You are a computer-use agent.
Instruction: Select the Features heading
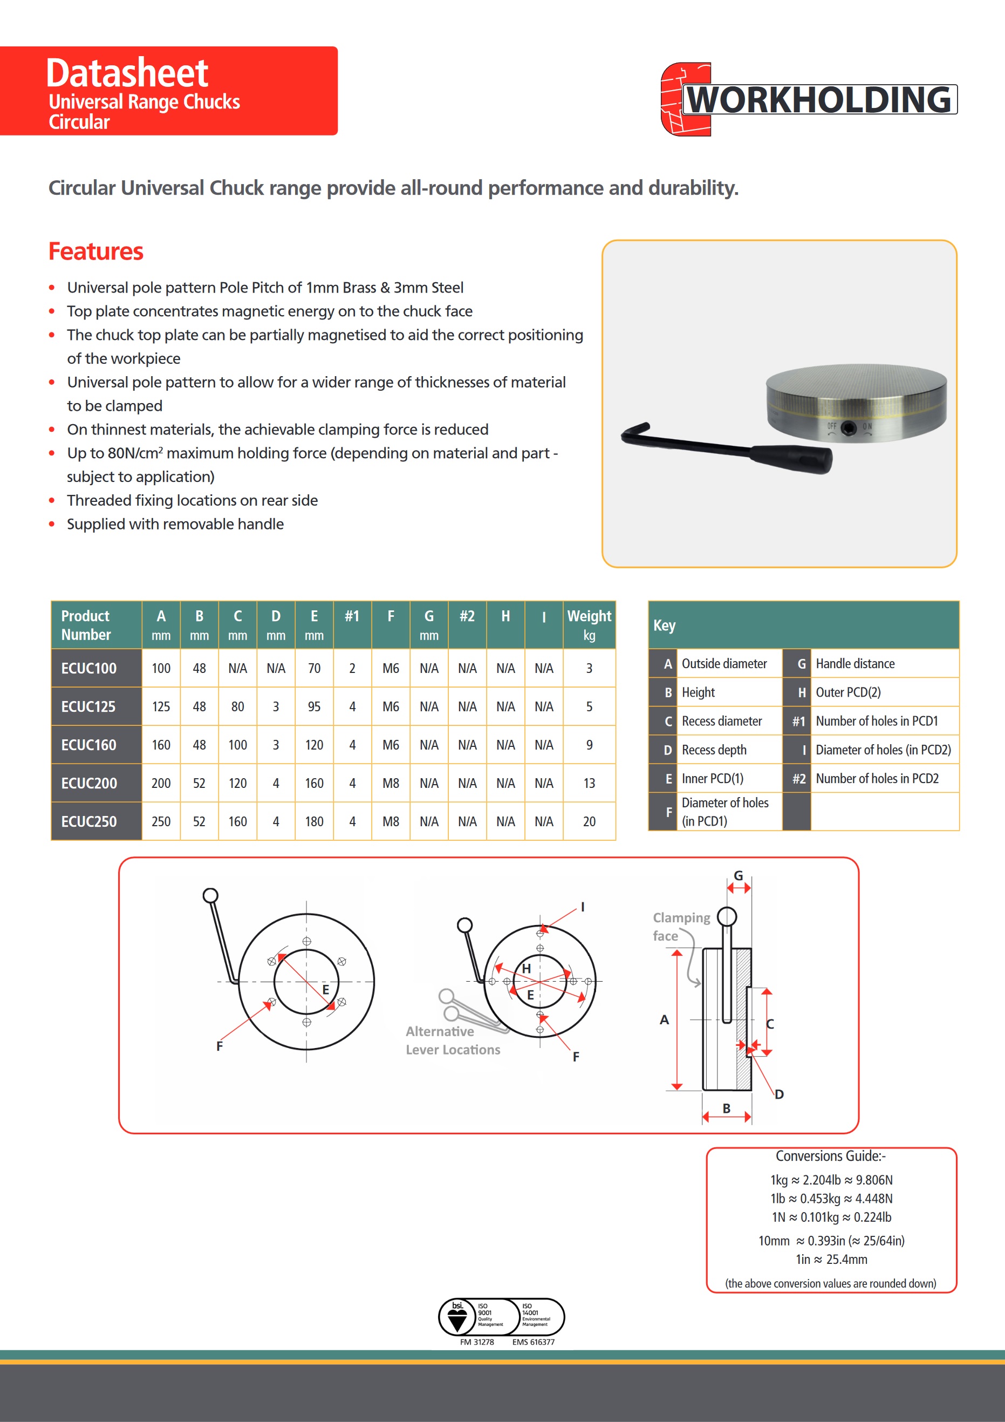(x=96, y=251)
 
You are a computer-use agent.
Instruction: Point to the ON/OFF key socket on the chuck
(x=849, y=427)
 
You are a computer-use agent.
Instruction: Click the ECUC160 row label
(x=89, y=745)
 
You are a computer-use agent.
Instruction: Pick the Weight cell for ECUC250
(x=589, y=822)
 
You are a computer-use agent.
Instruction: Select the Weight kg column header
(x=589, y=625)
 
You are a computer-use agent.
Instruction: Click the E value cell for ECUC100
(x=314, y=668)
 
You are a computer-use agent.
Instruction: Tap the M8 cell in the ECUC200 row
(x=391, y=784)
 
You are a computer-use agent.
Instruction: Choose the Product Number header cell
(x=87, y=625)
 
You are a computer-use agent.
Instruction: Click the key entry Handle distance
(x=855, y=664)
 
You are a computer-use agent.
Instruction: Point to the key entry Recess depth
(x=714, y=750)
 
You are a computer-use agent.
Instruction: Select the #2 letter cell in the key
(x=799, y=779)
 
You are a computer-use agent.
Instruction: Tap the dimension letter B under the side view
(x=726, y=1108)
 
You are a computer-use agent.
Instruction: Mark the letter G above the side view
(x=738, y=876)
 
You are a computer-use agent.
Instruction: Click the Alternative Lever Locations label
(x=453, y=1040)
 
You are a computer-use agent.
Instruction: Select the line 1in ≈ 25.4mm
(x=831, y=1259)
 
